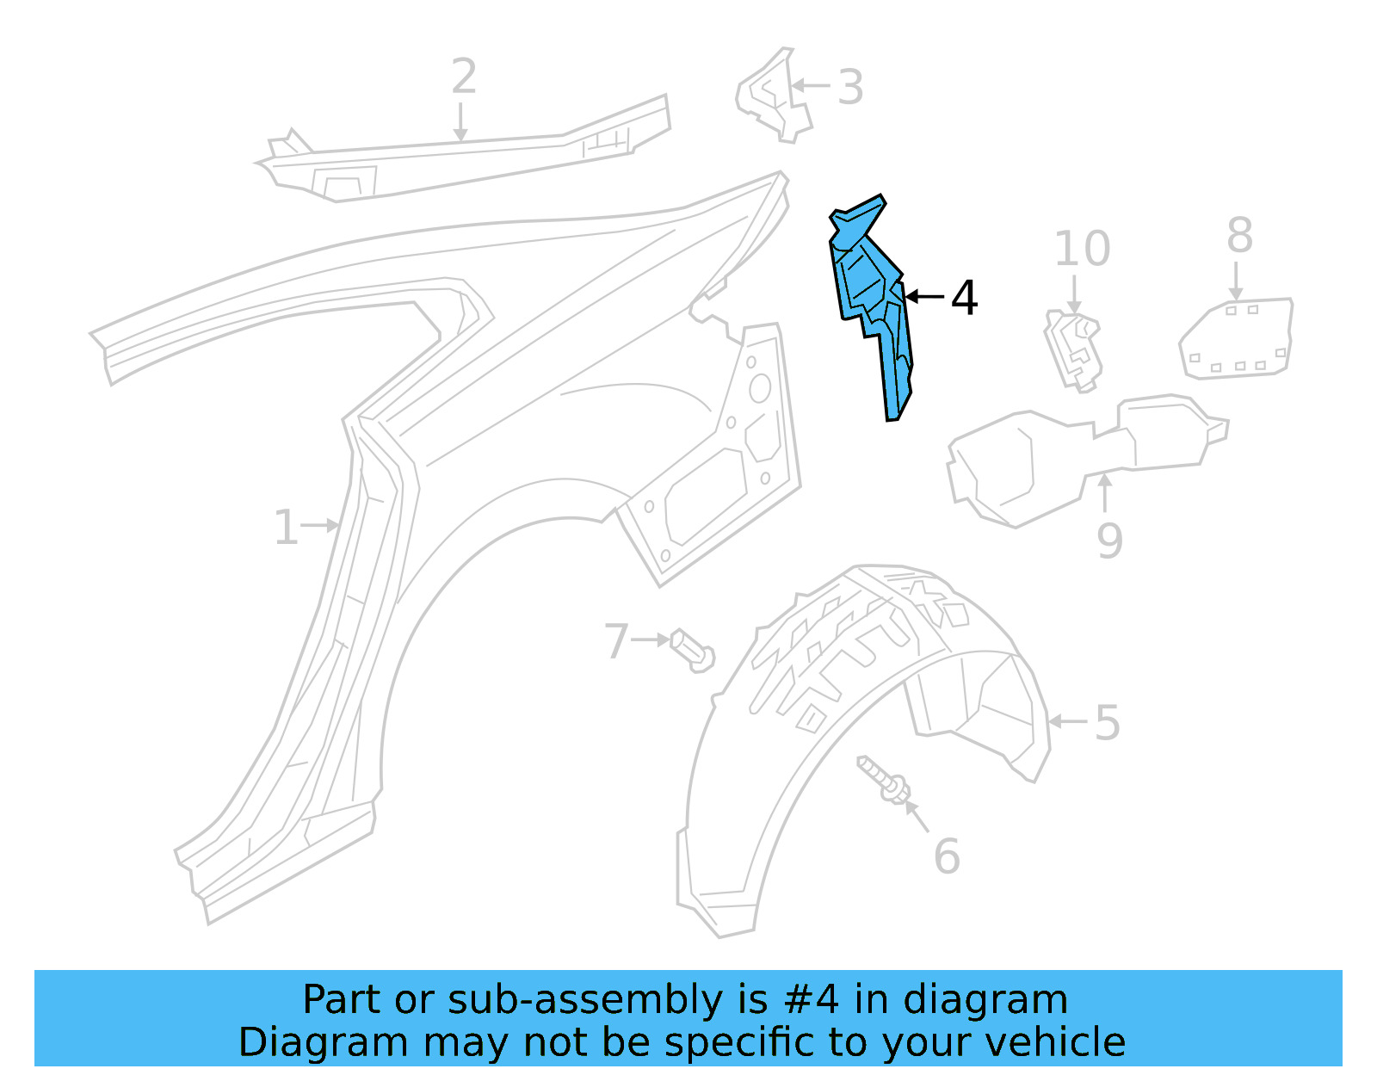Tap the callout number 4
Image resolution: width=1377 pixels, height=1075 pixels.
coord(964,298)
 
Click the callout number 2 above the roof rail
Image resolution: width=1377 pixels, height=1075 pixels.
coord(464,77)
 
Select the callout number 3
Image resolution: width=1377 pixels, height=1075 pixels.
coord(850,88)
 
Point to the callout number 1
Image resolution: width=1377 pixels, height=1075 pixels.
coord(286,528)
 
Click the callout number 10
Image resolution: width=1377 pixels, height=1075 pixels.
coord(1082,250)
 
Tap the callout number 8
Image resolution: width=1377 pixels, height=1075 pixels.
coord(1239,235)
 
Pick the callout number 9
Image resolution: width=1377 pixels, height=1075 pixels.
coord(1109,541)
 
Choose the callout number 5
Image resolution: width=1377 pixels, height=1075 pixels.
coord(1108,723)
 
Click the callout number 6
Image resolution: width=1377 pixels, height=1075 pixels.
coord(947,856)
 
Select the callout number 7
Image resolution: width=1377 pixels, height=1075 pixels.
coord(616,641)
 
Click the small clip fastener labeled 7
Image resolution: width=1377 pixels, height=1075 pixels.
coord(692,651)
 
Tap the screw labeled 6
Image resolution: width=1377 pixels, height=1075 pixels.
coord(883,781)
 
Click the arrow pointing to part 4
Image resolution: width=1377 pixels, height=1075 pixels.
coord(925,297)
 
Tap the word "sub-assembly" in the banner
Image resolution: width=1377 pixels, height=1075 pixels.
coord(585,1000)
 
